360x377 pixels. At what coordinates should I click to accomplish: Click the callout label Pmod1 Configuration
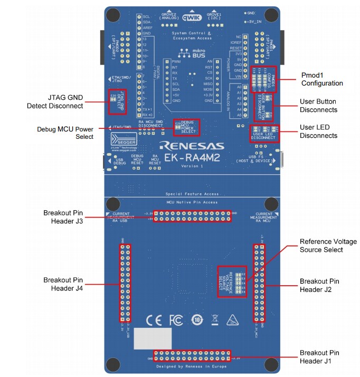click(321, 79)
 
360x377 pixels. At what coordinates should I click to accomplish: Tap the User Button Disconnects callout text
click(318, 106)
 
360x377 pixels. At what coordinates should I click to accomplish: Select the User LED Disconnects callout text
click(318, 131)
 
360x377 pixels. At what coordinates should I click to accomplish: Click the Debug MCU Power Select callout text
click(65, 133)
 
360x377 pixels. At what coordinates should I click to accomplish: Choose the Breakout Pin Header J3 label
click(67, 216)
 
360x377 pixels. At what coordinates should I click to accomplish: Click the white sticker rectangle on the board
click(153, 338)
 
